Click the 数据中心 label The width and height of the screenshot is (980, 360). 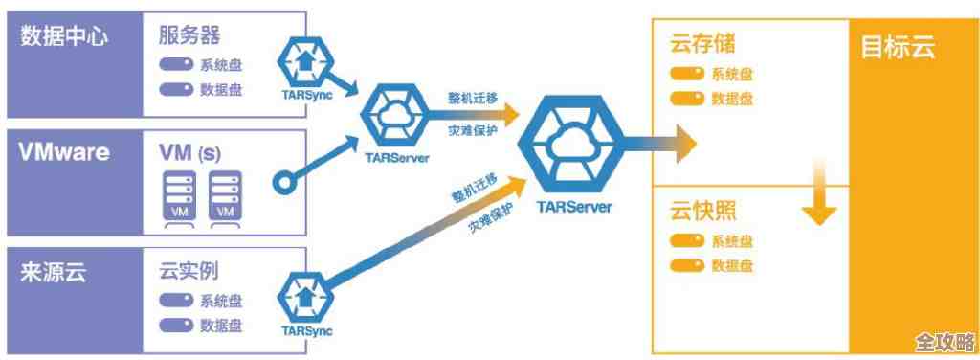pos(65,37)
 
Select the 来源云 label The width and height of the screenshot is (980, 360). pos(54,271)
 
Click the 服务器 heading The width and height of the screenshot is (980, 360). pos(189,36)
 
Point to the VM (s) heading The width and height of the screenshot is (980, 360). pos(190,151)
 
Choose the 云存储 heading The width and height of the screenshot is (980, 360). pos(703,45)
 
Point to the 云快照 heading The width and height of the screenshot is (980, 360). pos(703,212)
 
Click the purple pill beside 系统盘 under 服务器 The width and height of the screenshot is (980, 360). pos(176,66)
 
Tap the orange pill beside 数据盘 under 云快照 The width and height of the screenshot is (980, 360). pos(687,264)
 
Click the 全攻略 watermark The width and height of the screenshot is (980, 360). pos(944,343)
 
